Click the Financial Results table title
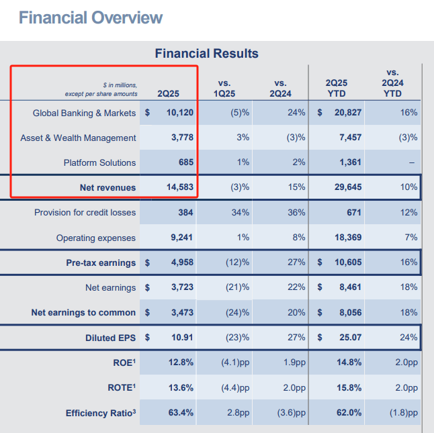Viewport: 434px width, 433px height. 207,54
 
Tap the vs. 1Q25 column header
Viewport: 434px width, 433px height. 229,88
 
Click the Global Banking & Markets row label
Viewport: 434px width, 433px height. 85,113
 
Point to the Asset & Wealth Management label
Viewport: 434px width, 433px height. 78,138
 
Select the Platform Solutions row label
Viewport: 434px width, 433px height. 99,162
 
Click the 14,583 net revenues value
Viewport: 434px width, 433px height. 177,187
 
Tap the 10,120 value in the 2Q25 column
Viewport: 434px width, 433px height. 177,113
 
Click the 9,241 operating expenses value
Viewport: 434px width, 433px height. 180,238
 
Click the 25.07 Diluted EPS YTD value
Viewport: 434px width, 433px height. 349,337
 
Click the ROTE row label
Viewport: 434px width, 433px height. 120,387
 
